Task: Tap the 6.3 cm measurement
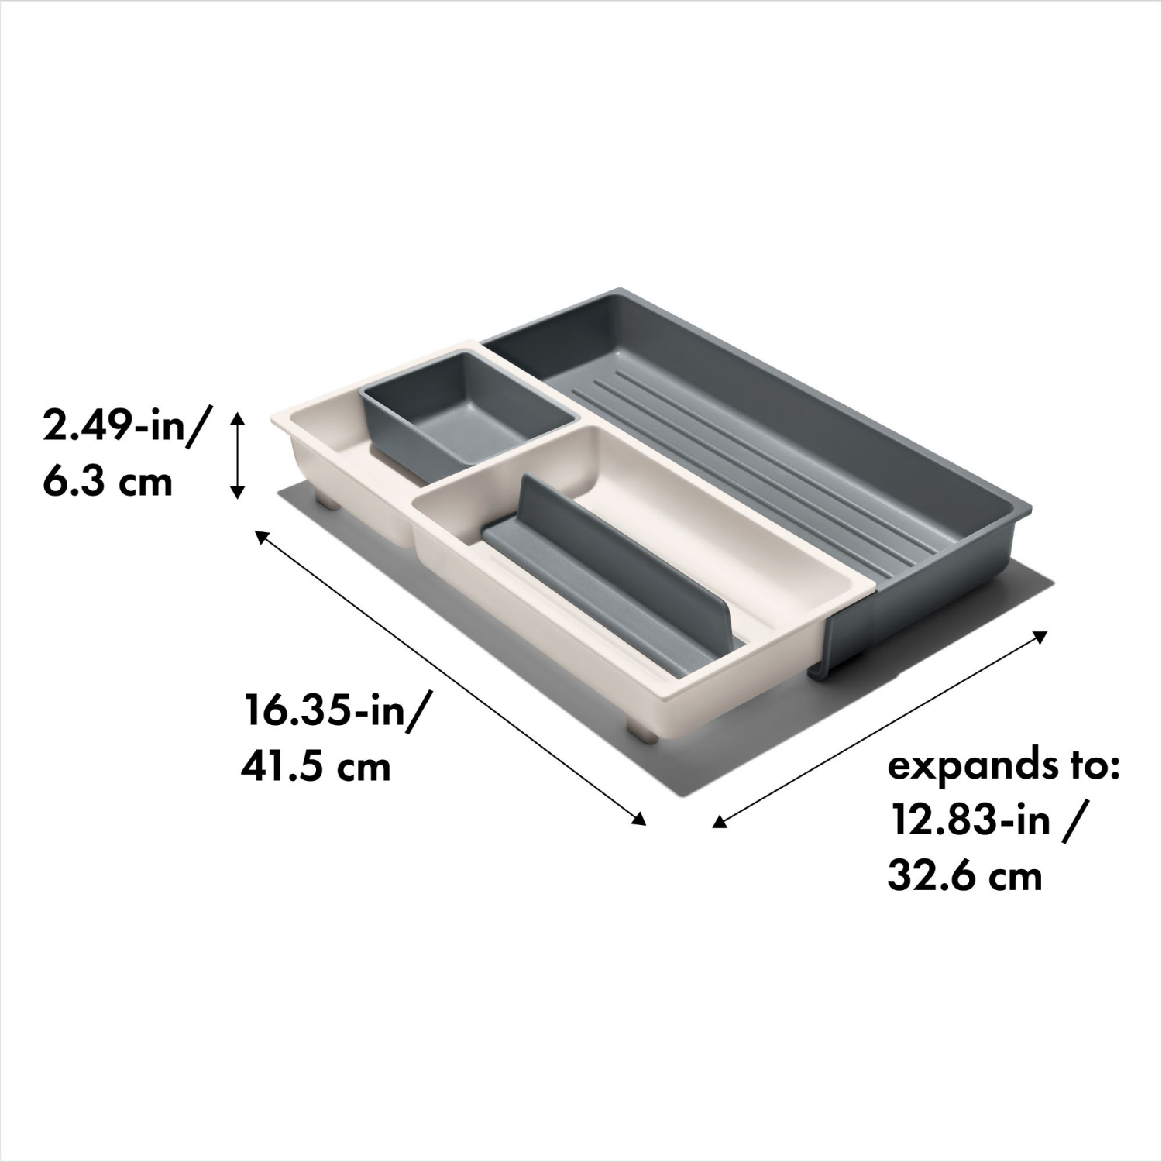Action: [x=107, y=482]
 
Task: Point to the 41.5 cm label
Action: [x=315, y=767]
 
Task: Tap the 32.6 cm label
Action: [x=964, y=876]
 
